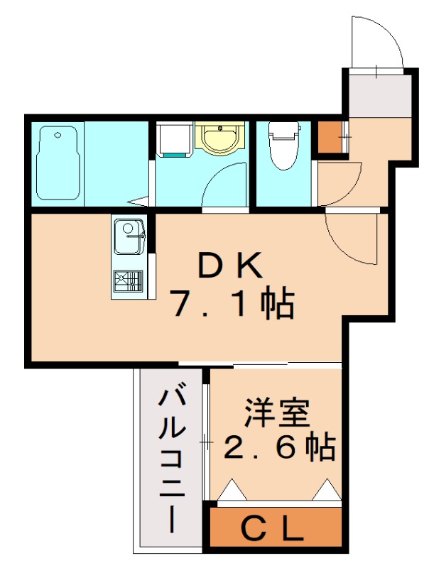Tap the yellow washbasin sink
click(220, 138)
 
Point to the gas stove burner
click(129, 281)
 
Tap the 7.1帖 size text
click(232, 305)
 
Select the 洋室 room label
click(277, 414)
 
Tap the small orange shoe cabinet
click(330, 137)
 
